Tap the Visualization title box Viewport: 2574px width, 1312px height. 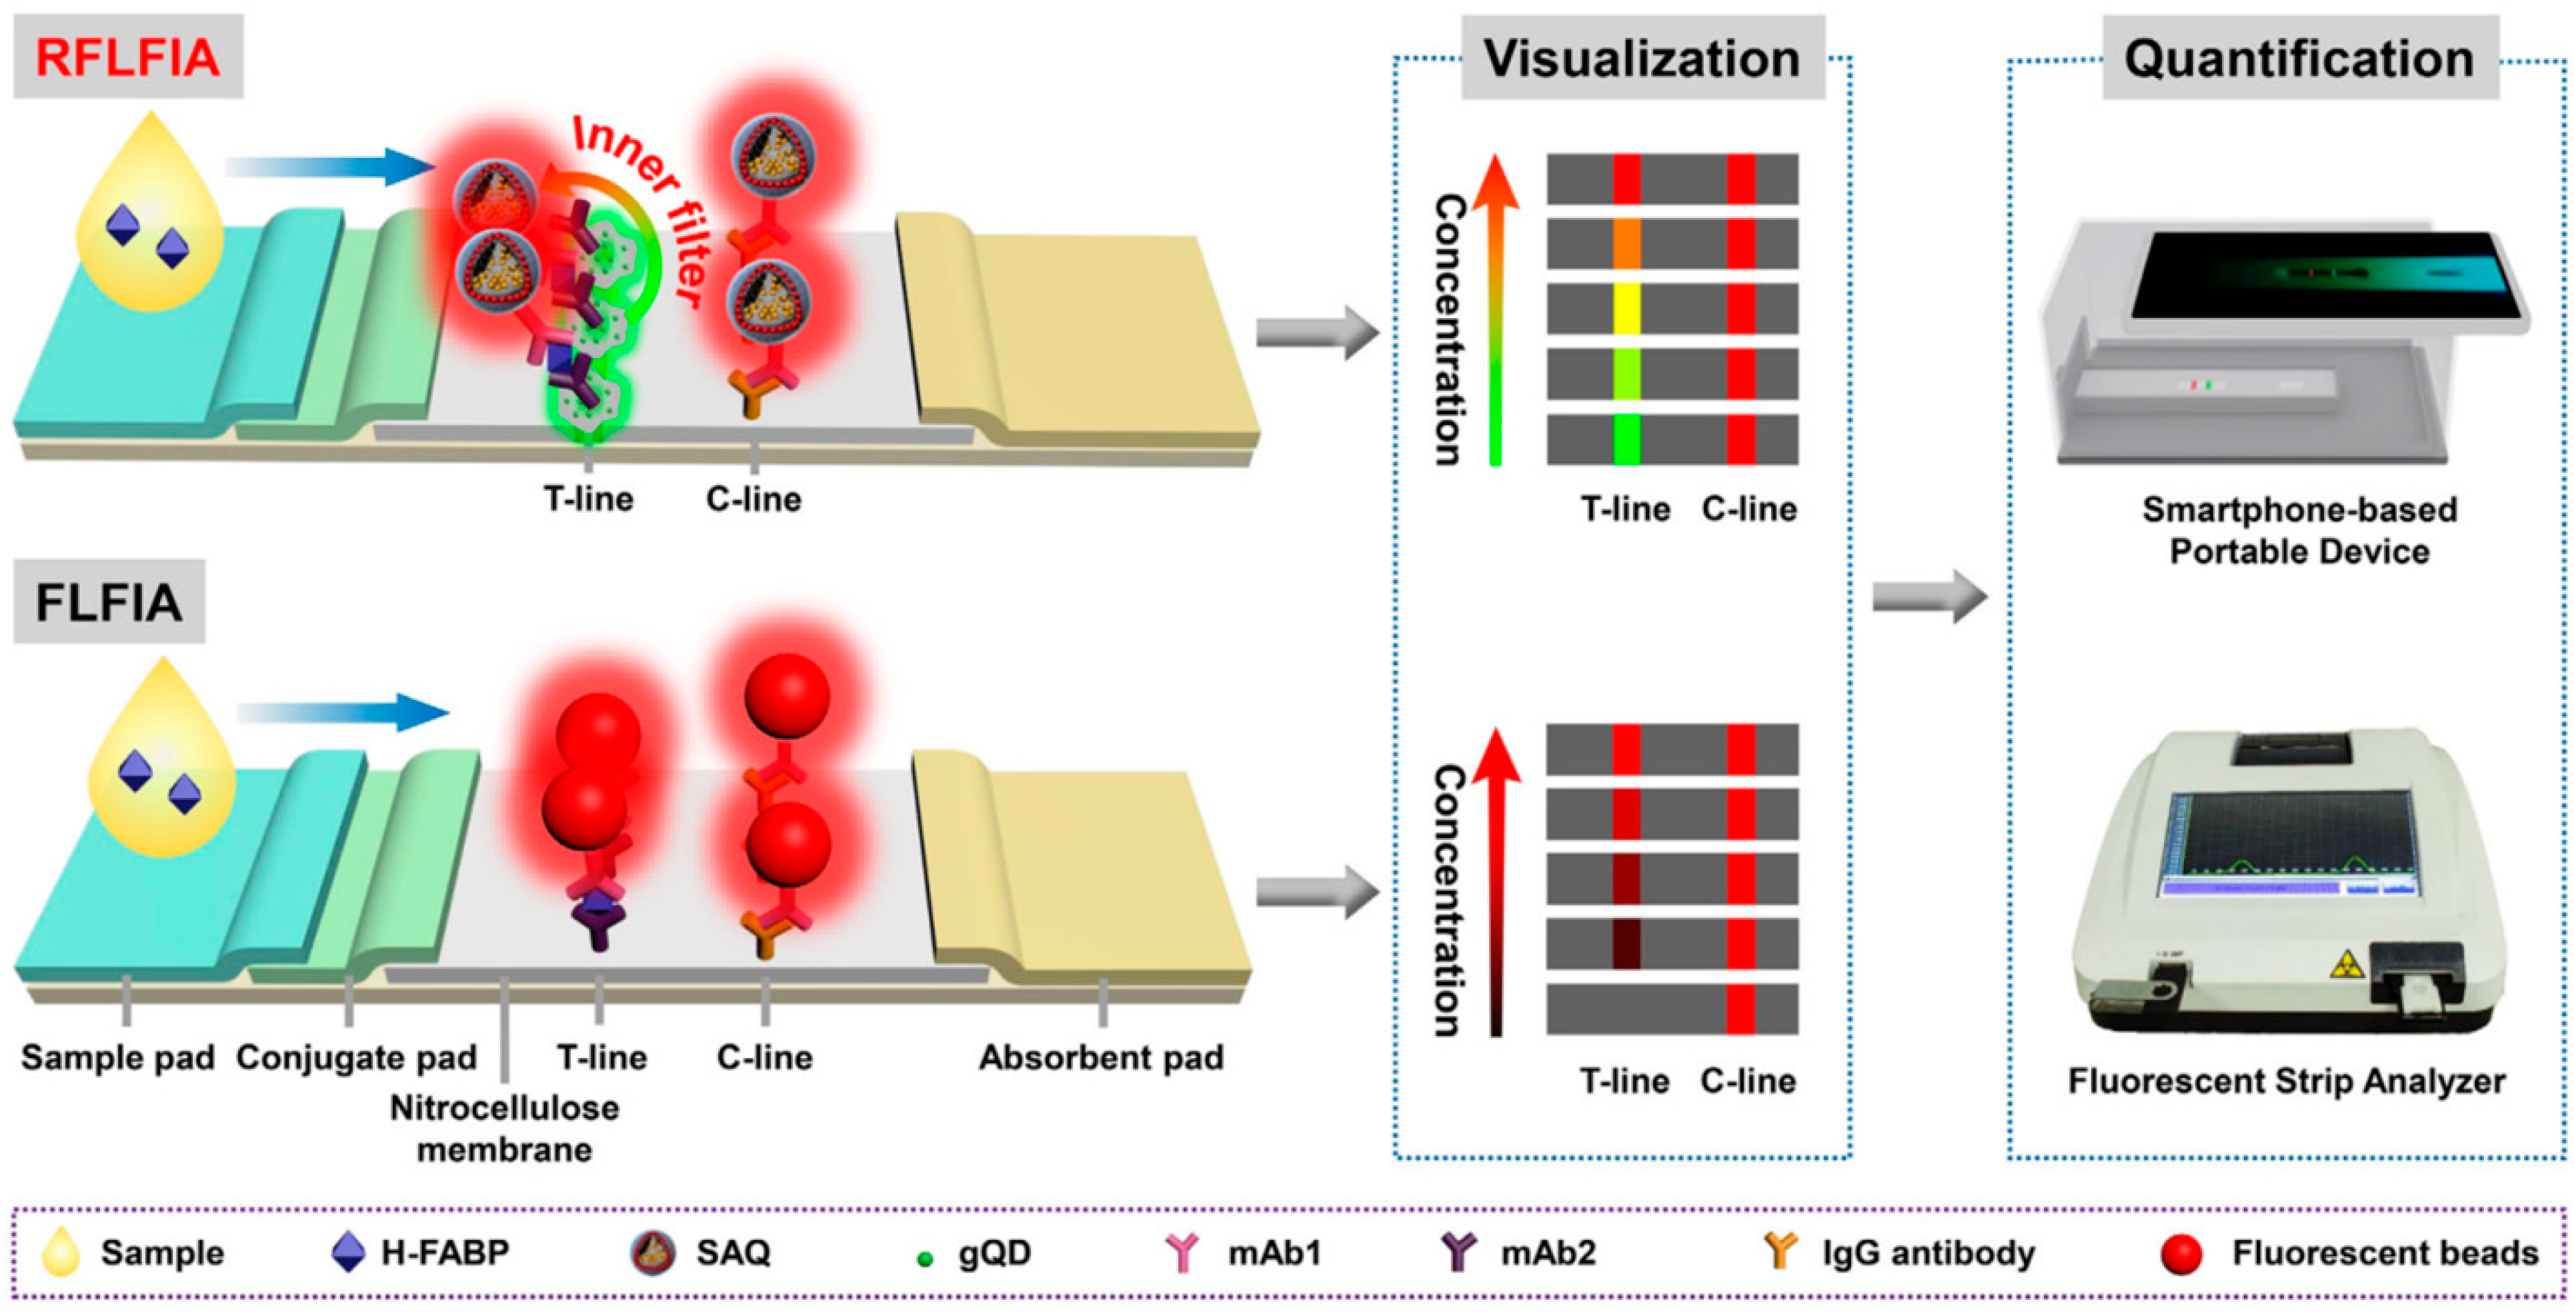(1642, 58)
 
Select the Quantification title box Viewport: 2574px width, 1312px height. (2299, 58)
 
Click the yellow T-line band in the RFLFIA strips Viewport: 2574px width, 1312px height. (1626, 309)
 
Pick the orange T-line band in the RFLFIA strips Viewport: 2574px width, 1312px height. (1626, 244)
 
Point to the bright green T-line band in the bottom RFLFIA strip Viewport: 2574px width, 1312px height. (1626, 439)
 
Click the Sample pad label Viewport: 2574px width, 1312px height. (118, 1057)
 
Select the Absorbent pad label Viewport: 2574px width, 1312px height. (1101, 1057)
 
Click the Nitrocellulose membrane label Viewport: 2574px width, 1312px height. (505, 1128)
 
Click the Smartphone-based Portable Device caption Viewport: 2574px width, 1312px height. (2299, 531)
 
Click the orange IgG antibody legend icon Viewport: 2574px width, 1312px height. (1780, 1251)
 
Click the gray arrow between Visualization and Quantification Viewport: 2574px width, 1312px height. (1928, 597)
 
